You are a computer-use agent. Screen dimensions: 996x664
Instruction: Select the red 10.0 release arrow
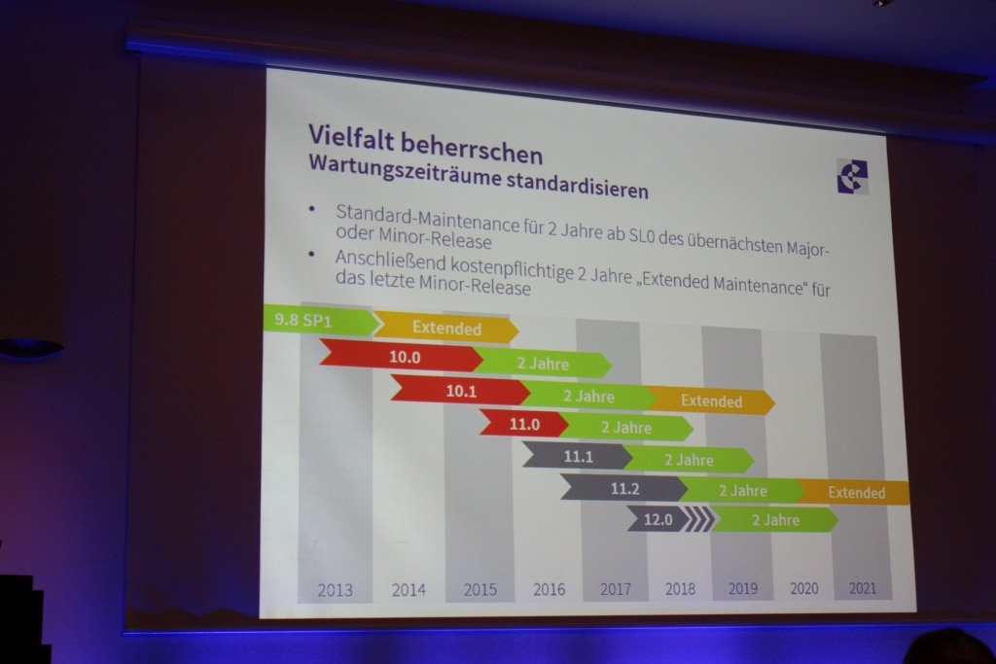tap(402, 356)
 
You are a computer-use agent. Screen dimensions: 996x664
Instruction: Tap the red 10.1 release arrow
tap(460, 391)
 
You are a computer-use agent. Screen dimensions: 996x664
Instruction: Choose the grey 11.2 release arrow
tap(623, 488)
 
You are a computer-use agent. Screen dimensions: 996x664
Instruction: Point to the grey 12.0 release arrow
tap(658, 519)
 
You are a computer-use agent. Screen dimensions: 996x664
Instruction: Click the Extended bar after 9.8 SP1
tap(445, 328)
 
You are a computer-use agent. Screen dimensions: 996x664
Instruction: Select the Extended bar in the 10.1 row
tap(711, 401)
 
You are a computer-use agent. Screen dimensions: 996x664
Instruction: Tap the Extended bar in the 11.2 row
tap(854, 492)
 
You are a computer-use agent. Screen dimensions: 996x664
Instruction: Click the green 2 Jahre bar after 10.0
tap(543, 363)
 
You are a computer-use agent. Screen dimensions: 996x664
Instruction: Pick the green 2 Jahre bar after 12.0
tap(775, 520)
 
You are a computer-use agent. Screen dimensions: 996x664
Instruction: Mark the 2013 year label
tap(335, 590)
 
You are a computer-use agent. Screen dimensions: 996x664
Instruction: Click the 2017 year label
tap(616, 589)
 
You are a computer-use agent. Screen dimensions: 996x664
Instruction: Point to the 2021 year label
tap(862, 588)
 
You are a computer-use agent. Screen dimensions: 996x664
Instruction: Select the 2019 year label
tap(742, 588)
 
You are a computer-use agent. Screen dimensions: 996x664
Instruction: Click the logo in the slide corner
tap(852, 176)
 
